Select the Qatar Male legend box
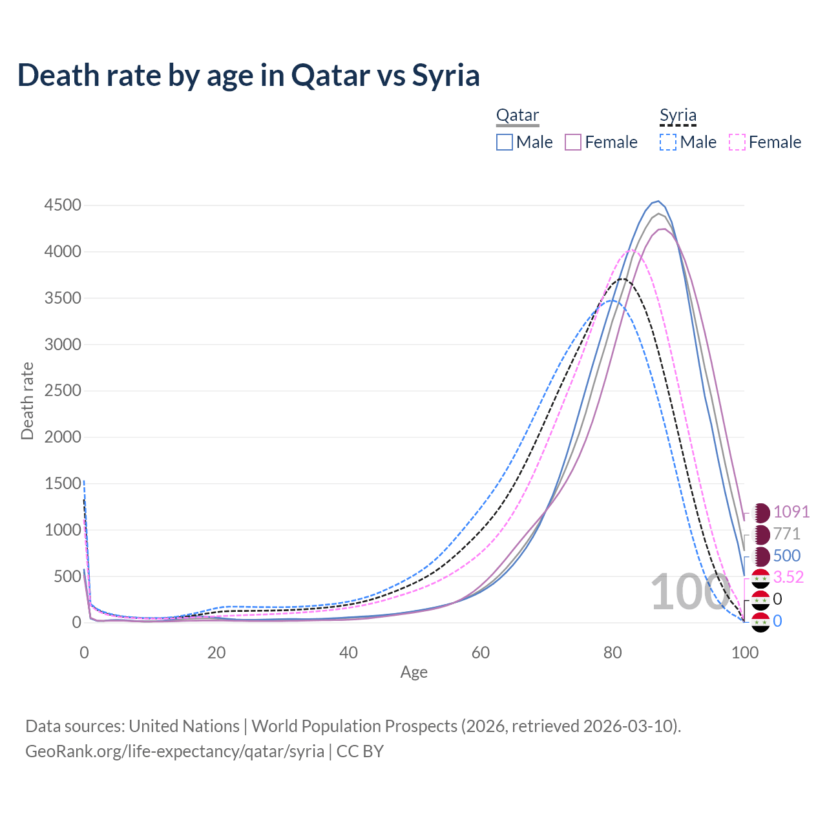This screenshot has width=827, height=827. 505,142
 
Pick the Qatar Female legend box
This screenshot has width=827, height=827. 573,142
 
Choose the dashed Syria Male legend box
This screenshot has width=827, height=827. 668,142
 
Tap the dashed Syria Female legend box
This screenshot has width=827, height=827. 737,142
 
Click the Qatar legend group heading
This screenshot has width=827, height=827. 518,116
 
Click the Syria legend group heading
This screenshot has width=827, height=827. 678,116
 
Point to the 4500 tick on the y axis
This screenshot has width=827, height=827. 63,205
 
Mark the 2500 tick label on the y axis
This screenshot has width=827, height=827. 63,391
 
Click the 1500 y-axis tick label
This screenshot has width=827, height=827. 63,483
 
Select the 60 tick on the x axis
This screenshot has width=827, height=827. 481,653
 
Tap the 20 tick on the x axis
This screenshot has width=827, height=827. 216,653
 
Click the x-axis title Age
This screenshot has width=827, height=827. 414,673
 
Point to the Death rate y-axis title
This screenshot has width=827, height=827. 27,401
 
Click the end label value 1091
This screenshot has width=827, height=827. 791,512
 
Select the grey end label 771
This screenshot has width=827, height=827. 787,534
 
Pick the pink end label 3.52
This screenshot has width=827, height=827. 788,577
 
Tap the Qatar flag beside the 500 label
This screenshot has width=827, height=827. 762,556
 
